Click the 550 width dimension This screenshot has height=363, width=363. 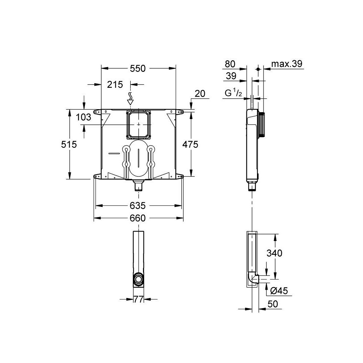tap(138, 68)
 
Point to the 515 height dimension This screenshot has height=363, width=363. tap(69, 144)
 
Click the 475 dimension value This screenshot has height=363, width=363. tap(190, 144)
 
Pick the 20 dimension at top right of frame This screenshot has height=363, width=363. tap(200, 94)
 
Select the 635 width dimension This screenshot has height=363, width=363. tap(138, 206)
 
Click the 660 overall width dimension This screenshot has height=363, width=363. tap(138, 218)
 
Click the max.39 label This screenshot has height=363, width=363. tap(287, 64)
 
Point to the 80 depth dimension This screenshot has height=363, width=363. tap(230, 64)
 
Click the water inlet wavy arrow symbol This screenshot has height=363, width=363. tap(130, 98)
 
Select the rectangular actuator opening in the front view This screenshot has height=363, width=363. tap(138, 125)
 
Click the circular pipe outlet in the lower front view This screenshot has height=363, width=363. tap(138, 280)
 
